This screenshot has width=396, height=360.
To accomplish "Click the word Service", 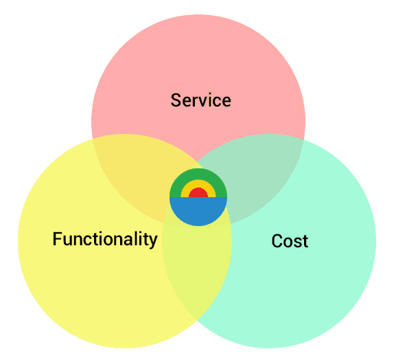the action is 201,100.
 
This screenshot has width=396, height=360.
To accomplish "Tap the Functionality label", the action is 105,239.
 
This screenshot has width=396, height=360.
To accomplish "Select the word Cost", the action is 290,241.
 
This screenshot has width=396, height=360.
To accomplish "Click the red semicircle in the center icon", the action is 198,193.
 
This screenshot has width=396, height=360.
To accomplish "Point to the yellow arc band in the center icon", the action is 198,183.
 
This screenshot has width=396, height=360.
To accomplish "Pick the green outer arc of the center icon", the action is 198,174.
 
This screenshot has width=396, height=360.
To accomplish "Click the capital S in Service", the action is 176,100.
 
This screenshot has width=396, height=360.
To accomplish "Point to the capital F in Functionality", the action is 57,238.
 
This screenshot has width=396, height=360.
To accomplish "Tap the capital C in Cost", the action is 277,241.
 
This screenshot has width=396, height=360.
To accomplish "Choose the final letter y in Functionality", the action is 153,242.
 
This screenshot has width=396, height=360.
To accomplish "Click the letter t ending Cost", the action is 305,241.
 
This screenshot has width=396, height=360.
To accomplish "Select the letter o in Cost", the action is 288,243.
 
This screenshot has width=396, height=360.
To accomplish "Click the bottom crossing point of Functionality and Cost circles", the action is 197,320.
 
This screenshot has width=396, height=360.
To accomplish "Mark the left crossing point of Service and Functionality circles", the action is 93,139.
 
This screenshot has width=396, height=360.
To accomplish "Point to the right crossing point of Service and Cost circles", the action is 304,139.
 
